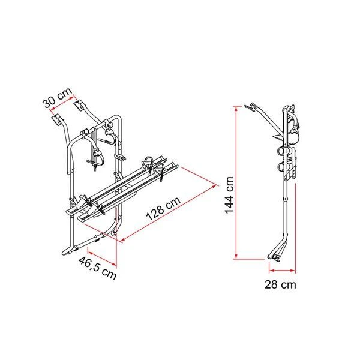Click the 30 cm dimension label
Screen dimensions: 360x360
pos(56,98)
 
